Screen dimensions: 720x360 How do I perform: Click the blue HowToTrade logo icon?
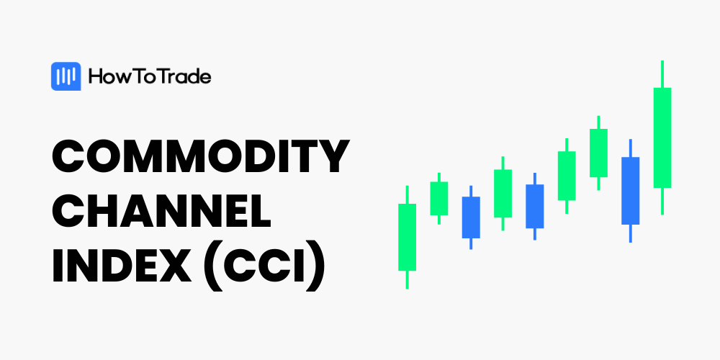[x=66, y=76]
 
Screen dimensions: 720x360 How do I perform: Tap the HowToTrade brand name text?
[x=150, y=77]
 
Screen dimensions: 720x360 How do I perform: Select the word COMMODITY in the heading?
[x=201, y=156]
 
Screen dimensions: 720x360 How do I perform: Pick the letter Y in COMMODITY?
[x=333, y=156]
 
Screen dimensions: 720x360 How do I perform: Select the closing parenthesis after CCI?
[x=315, y=266]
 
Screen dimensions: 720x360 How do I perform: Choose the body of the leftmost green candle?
[x=408, y=237]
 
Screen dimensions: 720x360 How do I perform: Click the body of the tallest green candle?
[x=662, y=138]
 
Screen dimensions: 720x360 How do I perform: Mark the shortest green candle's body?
[x=439, y=199]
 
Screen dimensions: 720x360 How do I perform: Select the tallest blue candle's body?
[x=631, y=191]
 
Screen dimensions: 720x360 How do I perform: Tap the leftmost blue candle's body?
[x=471, y=217]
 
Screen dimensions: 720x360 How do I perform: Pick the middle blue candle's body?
[x=535, y=206]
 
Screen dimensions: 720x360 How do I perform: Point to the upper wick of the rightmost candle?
[x=662, y=74]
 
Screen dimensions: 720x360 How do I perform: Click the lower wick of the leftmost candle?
[x=408, y=279]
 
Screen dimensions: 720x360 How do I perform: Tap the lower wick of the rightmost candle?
[x=662, y=201]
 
